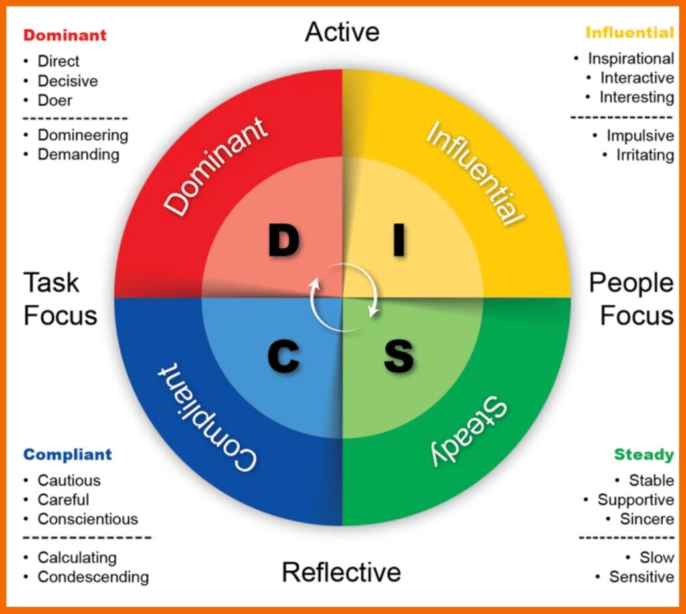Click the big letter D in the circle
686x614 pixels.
point(284,241)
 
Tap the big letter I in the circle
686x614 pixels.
point(398,241)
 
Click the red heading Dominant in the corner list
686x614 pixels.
point(65,35)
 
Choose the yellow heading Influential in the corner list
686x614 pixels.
point(630,32)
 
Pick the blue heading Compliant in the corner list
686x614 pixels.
point(68,455)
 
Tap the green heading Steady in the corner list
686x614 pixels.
point(643,455)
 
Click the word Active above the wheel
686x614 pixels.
point(342,32)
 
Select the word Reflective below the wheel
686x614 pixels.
point(341,572)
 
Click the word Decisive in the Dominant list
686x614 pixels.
point(68,81)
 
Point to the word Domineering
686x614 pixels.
point(83,135)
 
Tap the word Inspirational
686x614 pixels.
point(631,58)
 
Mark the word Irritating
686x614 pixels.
point(645,155)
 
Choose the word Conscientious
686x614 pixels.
point(88,519)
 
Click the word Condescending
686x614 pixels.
point(93,577)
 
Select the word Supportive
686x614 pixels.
point(636,500)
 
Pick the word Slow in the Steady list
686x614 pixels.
point(657,558)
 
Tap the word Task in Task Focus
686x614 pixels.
point(51,283)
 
